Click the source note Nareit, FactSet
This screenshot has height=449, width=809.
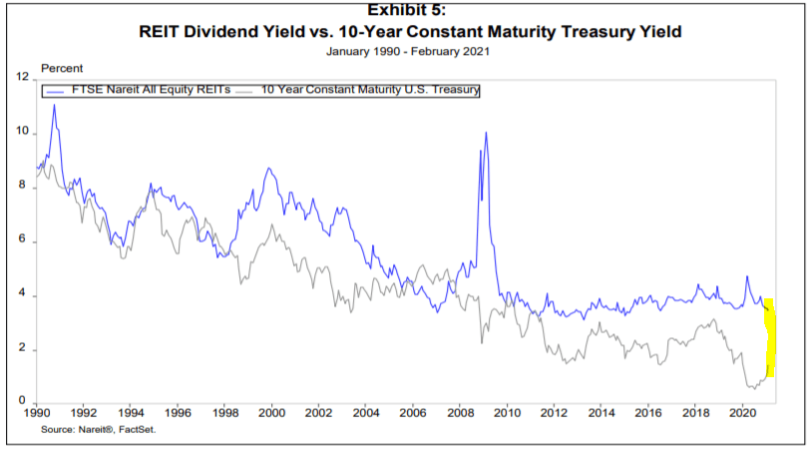tap(99, 429)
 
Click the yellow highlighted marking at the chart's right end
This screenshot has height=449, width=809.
tap(770, 339)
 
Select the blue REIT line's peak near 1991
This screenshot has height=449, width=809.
tap(54, 105)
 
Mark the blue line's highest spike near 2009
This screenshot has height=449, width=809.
tap(486, 132)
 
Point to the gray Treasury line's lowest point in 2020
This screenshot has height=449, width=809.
tap(750, 387)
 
